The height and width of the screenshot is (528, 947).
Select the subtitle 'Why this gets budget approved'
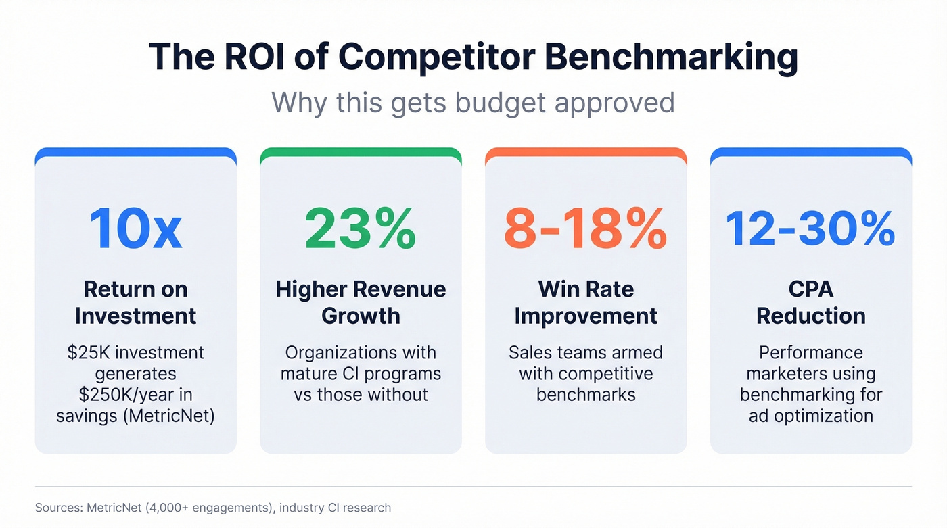(x=473, y=103)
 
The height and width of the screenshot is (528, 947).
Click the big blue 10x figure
(x=135, y=229)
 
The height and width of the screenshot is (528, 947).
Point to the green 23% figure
(x=361, y=229)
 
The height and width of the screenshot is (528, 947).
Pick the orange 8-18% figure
(x=586, y=229)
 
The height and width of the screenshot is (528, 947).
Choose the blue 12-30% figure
(x=810, y=229)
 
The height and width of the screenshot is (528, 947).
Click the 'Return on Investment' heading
(x=135, y=302)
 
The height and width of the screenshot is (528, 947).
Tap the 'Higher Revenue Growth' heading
(x=361, y=302)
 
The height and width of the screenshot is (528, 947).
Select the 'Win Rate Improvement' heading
(x=586, y=302)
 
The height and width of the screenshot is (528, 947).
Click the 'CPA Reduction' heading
(x=810, y=302)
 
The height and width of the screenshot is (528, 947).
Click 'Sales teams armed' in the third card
(x=586, y=352)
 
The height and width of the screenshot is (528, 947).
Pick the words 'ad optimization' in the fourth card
(x=810, y=415)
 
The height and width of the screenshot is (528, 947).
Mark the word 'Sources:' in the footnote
(x=59, y=507)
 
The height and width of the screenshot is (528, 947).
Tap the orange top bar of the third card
(x=586, y=153)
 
